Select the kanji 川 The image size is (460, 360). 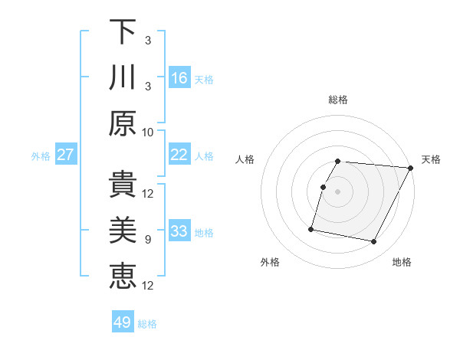click(x=123, y=77)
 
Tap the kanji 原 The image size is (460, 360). click(x=123, y=123)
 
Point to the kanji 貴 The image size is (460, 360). click(x=123, y=184)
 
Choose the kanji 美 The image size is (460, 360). click(x=123, y=230)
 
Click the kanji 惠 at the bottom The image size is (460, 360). click(x=123, y=276)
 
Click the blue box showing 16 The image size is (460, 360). click(x=179, y=77)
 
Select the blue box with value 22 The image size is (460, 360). click(x=179, y=155)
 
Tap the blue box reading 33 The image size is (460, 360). click(x=179, y=231)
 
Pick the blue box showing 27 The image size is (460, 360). click(x=66, y=155)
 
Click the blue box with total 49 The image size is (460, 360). click(x=123, y=322)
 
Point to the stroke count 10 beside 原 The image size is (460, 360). click(x=148, y=132)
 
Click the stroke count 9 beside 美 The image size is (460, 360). click(x=148, y=240)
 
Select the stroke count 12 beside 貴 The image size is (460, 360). click(x=148, y=193)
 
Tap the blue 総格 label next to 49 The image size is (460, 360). click(x=147, y=324)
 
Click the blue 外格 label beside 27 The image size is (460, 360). click(x=41, y=156)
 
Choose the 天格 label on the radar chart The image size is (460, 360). click(x=431, y=159)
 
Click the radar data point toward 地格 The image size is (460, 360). click(x=374, y=242)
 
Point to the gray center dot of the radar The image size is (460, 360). click(x=337, y=191)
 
